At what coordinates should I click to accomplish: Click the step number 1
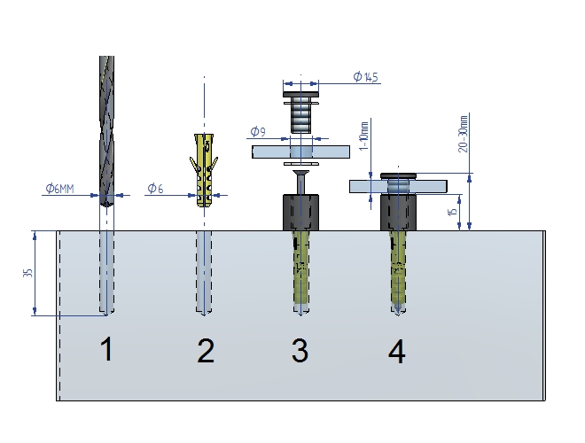pos(106,351)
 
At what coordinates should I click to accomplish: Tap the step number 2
pos(206,352)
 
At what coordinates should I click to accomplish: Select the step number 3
pos(300,351)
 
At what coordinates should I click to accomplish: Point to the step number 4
pos(396,352)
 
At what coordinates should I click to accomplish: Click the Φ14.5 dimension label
pos(365,77)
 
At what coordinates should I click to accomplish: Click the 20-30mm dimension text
pos(464,133)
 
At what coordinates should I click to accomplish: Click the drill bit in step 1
pos(106,124)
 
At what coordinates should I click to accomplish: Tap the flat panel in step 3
pos(301,152)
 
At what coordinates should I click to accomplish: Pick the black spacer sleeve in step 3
pos(301,213)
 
